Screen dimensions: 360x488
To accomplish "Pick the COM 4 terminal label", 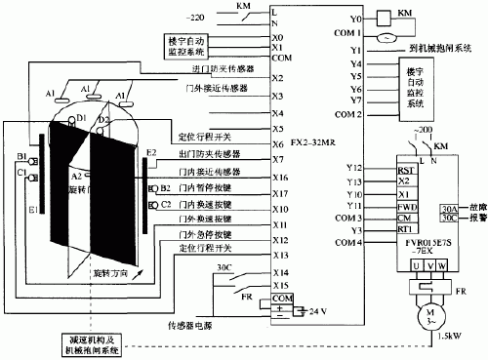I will click(x=351, y=241).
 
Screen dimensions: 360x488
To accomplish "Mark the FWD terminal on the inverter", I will click(x=403, y=206).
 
